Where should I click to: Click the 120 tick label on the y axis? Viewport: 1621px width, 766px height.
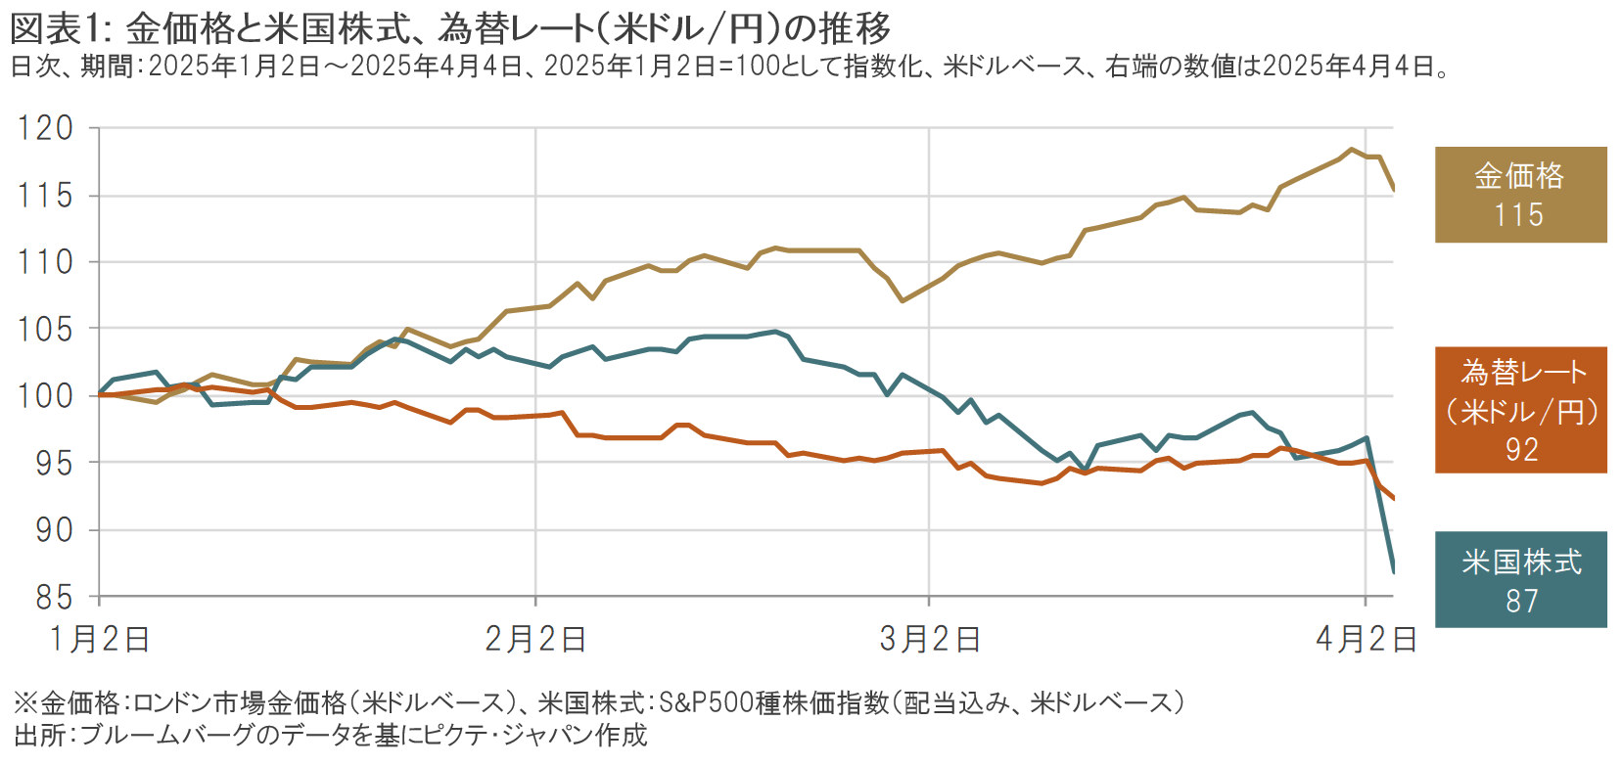45,128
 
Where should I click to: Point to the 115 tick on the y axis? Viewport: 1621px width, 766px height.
45,196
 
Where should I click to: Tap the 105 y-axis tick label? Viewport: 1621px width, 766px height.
45,330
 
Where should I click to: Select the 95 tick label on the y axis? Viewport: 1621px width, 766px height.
53,464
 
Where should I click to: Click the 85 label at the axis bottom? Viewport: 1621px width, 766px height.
53,597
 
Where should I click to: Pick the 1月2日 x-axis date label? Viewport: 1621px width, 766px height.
99,640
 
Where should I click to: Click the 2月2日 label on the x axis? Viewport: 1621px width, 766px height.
535,640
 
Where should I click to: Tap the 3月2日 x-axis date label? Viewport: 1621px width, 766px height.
929,640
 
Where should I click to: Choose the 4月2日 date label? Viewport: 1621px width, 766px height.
1366,640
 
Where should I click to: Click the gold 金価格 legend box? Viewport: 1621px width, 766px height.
1520,195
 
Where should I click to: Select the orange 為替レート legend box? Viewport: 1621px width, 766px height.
1520,410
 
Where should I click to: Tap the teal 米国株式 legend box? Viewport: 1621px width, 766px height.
1520,579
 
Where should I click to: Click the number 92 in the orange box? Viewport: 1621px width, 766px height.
1521,450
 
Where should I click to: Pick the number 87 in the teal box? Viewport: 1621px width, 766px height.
1521,601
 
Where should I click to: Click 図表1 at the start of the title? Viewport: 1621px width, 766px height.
56,28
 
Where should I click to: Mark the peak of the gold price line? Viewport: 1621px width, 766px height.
1352,150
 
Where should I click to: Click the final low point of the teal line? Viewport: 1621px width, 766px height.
1393,570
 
